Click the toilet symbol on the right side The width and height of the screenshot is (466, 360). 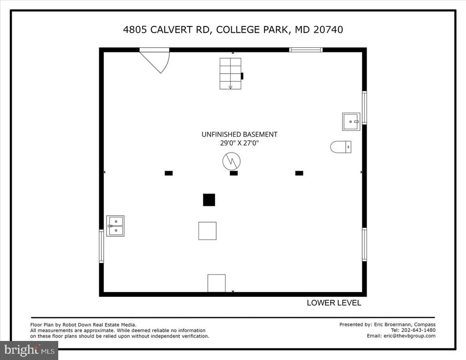pyautogui.click(x=340, y=147)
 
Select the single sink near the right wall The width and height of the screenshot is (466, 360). pyautogui.click(x=351, y=122)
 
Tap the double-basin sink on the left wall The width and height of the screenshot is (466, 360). pyautogui.click(x=115, y=226)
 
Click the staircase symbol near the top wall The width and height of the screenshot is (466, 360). pyautogui.click(x=230, y=73)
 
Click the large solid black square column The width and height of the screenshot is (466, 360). pyautogui.click(x=209, y=200)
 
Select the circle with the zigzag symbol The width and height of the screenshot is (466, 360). pyautogui.click(x=231, y=162)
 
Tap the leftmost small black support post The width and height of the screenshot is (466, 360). pyautogui.click(x=168, y=173)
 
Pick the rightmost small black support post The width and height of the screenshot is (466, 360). pyautogui.click(x=299, y=173)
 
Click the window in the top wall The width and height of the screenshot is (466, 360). pyautogui.click(x=306, y=50)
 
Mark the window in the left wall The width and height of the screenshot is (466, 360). pyautogui.click(x=101, y=246)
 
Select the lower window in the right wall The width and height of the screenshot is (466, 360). pyautogui.click(x=365, y=244)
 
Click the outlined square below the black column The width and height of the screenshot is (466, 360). pyautogui.click(x=208, y=231)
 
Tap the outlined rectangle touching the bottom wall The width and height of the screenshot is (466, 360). pyautogui.click(x=216, y=283)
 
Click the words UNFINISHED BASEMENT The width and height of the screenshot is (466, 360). pyautogui.click(x=239, y=134)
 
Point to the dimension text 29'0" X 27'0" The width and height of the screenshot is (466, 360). pyautogui.click(x=239, y=143)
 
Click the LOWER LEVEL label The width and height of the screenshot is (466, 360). pyautogui.click(x=334, y=303)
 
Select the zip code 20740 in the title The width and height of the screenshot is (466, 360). pyautogui.click(x=328, y=30)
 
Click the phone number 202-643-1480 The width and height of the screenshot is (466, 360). pyautogui.click(x=419, y=330)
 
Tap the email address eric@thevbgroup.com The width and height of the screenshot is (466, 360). pyautogui.click(x=410, y=335)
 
